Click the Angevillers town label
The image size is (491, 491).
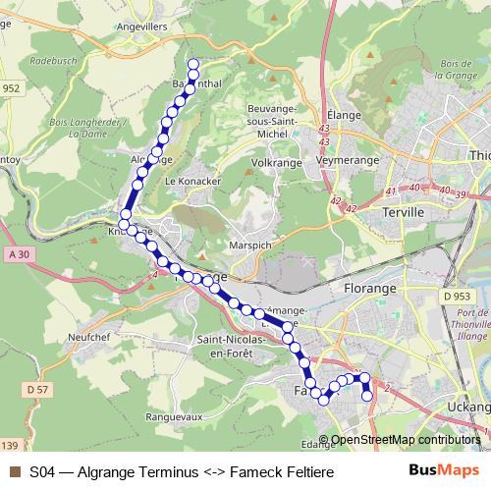point(141,27)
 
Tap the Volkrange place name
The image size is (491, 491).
point(277,162)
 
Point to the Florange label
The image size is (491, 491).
point(371,289)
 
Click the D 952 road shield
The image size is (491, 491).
point(9,87)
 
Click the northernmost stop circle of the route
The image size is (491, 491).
point(193,64)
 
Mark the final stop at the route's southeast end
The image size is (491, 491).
point(368,396)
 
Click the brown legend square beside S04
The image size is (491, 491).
point(13,472)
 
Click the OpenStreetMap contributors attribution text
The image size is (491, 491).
point(406,440)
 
